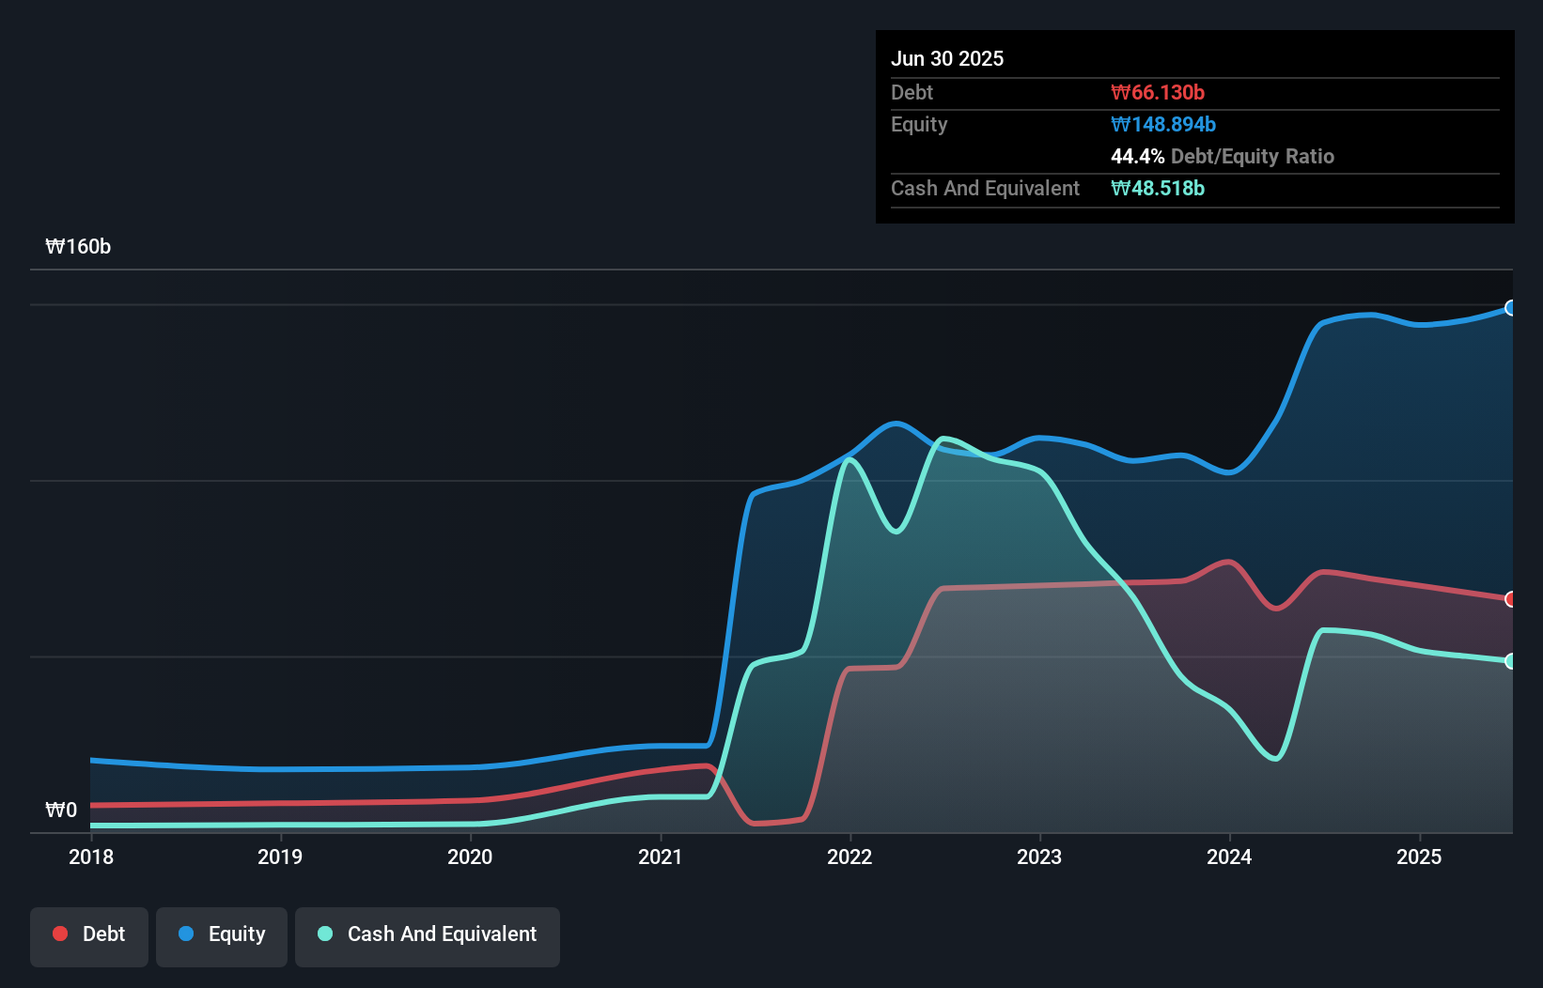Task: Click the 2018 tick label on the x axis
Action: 91,857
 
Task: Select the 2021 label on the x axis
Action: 660,857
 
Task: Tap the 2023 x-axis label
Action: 1039,857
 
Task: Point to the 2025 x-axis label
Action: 1419,857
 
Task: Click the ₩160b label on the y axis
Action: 78,247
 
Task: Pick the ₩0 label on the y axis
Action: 61,810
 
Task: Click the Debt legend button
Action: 89,934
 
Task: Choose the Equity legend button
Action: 222,934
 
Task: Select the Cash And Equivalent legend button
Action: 428,934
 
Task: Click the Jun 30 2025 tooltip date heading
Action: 947,59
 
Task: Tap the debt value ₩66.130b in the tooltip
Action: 1158,93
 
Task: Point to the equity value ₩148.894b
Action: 1163,125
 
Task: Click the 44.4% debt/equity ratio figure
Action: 1137,157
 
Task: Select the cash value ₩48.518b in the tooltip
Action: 1158,189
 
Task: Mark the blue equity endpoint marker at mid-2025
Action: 1511,308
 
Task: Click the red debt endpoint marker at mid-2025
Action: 1511,599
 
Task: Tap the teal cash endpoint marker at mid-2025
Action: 1511,661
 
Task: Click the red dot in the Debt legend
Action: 60,934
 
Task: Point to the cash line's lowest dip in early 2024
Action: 1274,758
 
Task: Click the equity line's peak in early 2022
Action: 896,424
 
